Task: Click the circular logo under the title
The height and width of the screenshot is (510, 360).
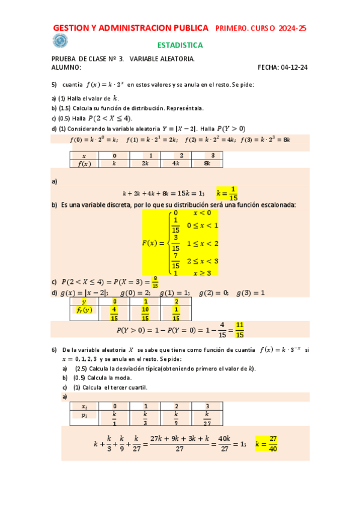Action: pyautogui.click(x=60, y=41)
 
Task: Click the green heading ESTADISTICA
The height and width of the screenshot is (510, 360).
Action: pyautogui.click(x=180, y=45)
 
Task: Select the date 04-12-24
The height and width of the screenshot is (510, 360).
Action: pyautogui.click(x=294, y=67)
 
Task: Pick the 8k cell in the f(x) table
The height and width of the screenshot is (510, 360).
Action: pyautogui.click(x=207, y=163)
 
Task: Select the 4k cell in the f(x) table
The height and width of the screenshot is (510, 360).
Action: pyautogui.click(x=175, y=163)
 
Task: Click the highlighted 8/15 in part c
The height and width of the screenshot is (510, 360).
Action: pyautogui.click(x=156, y=281)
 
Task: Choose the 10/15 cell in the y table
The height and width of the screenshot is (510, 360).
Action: pyautogui.click(x=145, y=313)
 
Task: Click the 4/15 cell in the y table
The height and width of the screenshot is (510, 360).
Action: pyautogui.click(x=114, y=313)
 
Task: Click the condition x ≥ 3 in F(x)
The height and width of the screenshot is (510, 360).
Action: pyautogui.click(x=202, y=272)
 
